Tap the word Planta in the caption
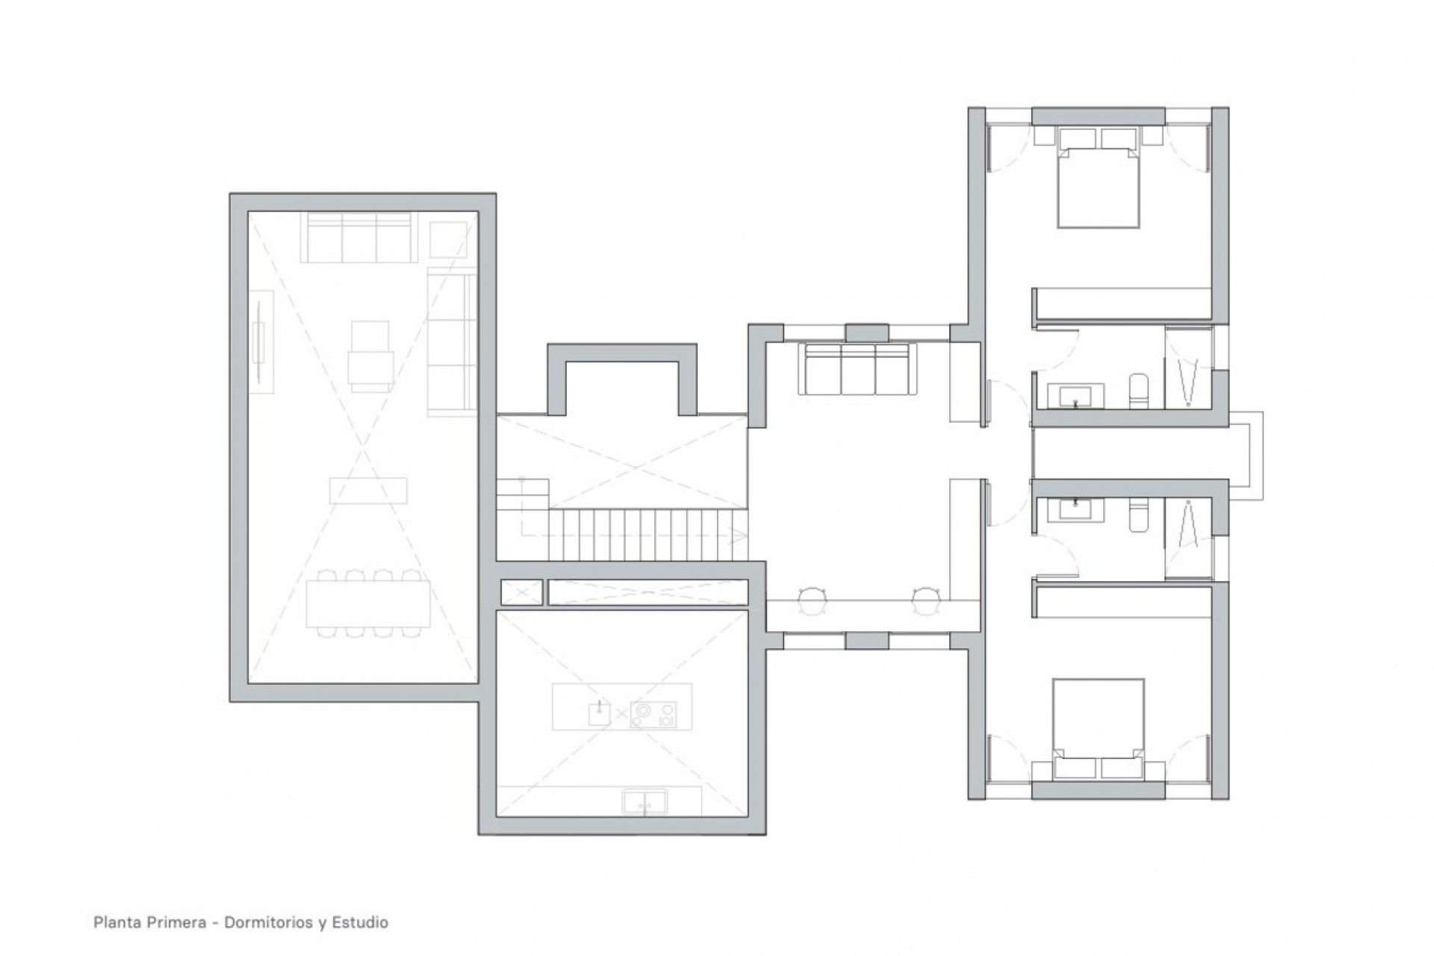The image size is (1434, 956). [113, 922]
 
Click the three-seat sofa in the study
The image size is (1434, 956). [857, 369]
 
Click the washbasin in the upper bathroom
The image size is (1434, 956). [1075, 396]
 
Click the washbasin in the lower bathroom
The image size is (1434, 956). [1075, 509]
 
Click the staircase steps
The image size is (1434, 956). [647, 533]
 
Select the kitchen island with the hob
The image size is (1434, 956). [621, 707]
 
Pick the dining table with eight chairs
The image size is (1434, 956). [368, 603]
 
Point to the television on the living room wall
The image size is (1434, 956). [261, 341]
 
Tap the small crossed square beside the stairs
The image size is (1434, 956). [521, 592]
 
